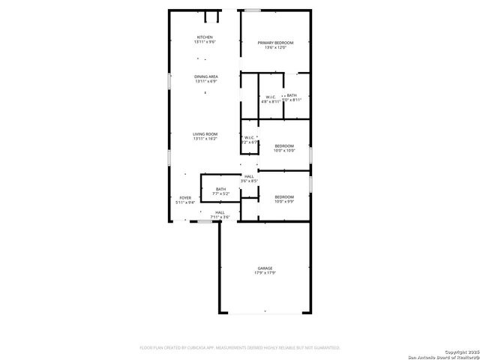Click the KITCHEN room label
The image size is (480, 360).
tap(205, 37)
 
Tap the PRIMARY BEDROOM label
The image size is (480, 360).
tap(274, 43)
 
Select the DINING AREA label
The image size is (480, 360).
tap(206, 76)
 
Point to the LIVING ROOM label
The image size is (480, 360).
tap(205, 134)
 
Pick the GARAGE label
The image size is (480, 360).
tap(265, 268)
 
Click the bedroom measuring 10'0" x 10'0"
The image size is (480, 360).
tap(284, 145)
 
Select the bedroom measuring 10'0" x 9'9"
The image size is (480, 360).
tap(284, 196)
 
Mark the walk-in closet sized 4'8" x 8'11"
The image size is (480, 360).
tap(271, 97)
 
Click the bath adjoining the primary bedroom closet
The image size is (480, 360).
tap(292, 95)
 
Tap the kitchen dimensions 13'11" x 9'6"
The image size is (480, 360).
tap(205, 42)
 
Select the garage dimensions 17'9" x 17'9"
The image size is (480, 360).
tap(265, 273)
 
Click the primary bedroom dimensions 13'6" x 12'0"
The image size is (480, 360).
tap(274, 48)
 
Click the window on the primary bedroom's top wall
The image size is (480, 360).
tap(253, 10)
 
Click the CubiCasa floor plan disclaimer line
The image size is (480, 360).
tap(240, 348)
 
